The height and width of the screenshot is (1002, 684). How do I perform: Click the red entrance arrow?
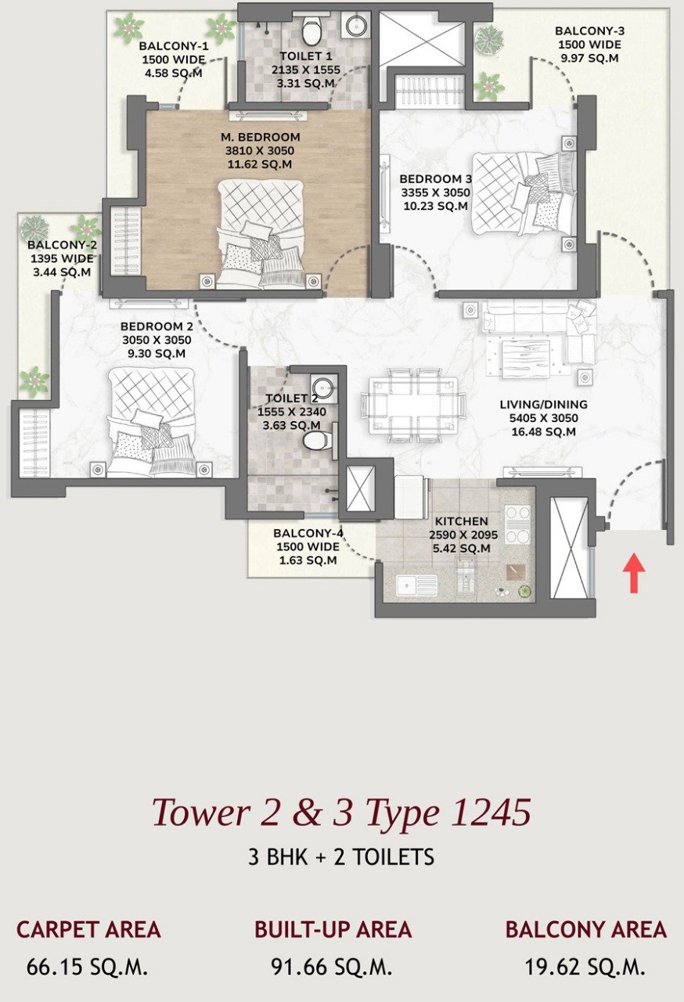tap(633, 573)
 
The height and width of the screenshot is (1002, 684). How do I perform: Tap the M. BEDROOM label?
tap(261, 137)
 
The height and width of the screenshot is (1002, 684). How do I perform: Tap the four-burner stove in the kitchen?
tap(517, 524)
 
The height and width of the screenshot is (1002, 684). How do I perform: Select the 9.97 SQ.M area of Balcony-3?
tap(589, 58)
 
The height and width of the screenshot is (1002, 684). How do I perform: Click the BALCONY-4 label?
tap(308, 533)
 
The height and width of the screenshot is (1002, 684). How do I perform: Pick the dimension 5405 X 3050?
tap(544, 418)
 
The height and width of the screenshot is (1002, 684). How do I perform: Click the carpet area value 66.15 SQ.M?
tap(87, 967)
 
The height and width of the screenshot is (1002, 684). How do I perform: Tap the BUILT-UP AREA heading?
tap(333, 929)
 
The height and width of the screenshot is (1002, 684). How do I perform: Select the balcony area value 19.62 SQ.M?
tap(585, 967)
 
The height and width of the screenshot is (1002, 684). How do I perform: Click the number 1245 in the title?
tap(490, 812)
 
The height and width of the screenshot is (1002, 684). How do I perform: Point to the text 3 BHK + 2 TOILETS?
tap(341, 856)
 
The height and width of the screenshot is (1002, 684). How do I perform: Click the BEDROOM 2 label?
tap(157, 326)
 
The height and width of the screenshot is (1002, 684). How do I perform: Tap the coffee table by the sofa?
tap(525, 354)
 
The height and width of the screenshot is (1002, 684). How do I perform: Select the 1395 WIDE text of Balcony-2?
tap(62, 258)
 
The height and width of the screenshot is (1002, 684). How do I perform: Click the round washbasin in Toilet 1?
tap(356, 25)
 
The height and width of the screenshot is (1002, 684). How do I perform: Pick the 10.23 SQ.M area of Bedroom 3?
tap(436, 206)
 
